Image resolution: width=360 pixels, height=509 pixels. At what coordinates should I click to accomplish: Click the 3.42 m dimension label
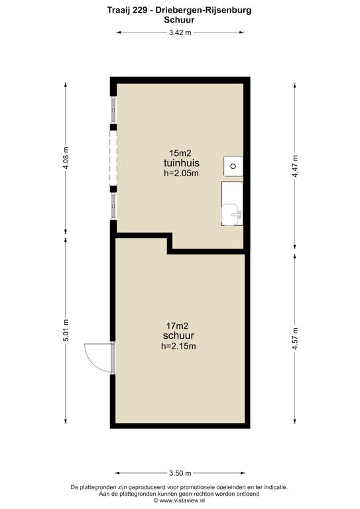coord(180,32)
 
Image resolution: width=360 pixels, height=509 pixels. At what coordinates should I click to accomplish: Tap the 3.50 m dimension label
coord(180,473)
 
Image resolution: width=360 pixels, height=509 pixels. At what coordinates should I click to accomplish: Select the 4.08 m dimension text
coord(66,158)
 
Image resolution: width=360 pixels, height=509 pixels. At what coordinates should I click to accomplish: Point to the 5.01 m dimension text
coord(66,330)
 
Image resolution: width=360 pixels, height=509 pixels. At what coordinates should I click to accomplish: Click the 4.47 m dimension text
coord(296,166)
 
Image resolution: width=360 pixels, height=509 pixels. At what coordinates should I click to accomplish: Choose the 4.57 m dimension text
coord(296,338)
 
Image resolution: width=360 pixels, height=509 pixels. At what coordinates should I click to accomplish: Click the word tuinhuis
coord(182,162)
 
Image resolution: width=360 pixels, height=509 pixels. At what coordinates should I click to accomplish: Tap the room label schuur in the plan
coord(178,335)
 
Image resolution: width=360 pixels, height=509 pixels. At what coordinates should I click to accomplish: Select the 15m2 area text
coord(180,153)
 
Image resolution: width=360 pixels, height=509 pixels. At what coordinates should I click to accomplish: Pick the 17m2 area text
coord(177,325)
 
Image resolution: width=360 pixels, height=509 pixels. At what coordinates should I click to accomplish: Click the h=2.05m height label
coord(181,173)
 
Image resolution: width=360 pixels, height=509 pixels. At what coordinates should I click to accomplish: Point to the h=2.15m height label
coord(178,346)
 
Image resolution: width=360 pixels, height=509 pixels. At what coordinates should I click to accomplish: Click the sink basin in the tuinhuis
coord(232,214)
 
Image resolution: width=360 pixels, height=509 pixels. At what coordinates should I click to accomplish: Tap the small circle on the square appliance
coord(233,166)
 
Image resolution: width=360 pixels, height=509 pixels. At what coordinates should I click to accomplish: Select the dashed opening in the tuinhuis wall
coord(113,158)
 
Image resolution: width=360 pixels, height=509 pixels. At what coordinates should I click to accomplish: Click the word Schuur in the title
coord(179,20)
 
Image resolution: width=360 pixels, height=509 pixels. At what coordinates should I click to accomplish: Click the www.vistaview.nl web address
coord(182,500)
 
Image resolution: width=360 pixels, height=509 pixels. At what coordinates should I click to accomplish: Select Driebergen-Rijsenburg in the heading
coord(204,11)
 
